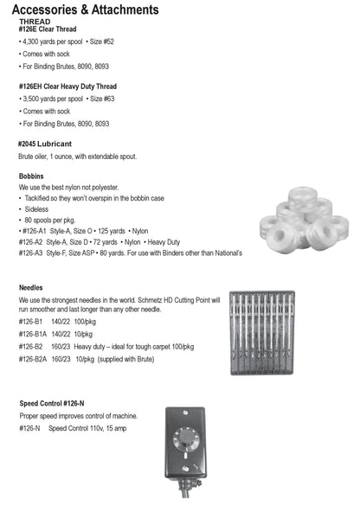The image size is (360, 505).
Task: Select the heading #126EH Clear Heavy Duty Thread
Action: [67, 86]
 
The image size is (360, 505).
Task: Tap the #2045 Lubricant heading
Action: [45, 143]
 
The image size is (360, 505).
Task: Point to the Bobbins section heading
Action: [33, 176]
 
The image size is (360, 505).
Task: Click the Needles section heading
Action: [33, 286]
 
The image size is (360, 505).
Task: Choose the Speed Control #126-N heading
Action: [51, 404]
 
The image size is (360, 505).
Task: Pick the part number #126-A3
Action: [33, 253]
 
